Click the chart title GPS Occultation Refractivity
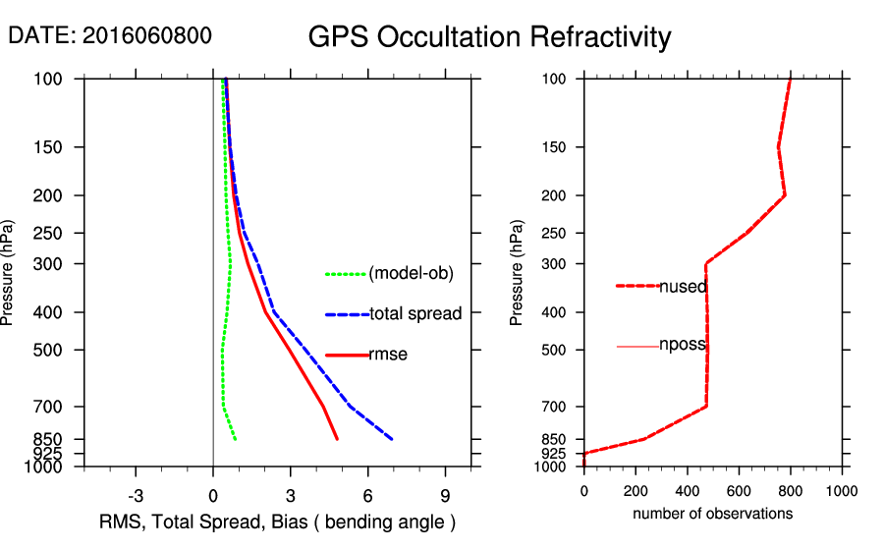489,37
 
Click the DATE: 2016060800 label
109,36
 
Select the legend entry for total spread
415,314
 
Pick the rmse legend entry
388,355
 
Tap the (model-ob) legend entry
411,274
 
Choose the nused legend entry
683,287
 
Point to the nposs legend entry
683,346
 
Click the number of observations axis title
712,514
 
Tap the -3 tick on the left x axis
136,495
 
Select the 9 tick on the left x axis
445,495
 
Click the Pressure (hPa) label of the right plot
518,273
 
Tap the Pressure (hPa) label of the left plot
9,273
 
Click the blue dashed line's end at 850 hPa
392,439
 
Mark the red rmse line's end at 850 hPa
338,439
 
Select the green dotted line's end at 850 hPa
236,439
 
